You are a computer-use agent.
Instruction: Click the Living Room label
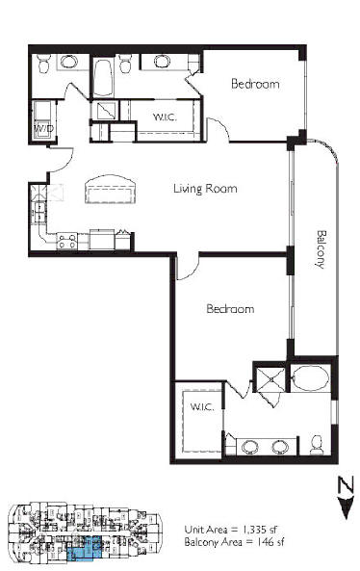205,189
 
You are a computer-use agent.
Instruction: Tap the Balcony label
321,249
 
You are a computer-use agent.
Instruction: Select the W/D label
44,129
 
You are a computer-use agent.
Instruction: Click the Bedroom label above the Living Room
255,84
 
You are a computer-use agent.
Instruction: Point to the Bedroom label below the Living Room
230,309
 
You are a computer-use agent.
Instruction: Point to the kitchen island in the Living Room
111,189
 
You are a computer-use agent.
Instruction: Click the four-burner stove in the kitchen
67,241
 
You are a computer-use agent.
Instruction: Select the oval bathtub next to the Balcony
311,378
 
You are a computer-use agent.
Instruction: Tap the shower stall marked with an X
270,379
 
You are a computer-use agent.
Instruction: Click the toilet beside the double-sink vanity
317,445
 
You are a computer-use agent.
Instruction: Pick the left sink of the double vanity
250,447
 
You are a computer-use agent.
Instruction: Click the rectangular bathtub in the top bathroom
103,78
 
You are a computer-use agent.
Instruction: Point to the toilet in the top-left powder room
43,64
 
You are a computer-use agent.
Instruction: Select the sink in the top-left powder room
68,62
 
